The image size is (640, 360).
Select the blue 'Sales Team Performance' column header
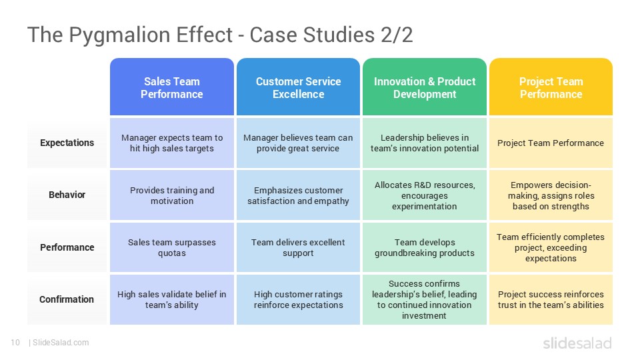[x=171, y=87]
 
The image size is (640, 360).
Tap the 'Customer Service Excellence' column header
[x=298, y=87]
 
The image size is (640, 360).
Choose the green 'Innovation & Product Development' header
[x=425, y=87]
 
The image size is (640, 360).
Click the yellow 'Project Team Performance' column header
[x=551, y=87]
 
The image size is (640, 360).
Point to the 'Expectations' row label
[x=67, y=143]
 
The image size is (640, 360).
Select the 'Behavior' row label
[x=67, y=195]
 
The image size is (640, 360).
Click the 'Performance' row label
[x=67, y=247]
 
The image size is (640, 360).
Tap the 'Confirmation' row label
[x=67, y=299]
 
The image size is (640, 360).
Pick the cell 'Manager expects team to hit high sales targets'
[x=172, y=143]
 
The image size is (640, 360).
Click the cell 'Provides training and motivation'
[x=172, y=195]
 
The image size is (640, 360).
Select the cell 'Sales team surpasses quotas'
[x=172, y=247]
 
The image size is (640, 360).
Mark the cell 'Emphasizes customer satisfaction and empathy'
[x=298, y=195]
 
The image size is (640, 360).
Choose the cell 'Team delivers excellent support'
[x=298, y=247]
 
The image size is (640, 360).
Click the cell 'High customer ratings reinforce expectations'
[x=298, y=299]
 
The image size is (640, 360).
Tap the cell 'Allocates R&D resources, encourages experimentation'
[x=425, y=195]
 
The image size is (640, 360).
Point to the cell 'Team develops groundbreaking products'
[x=425, y=247]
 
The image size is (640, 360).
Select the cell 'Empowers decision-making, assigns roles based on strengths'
[x=551, y=195]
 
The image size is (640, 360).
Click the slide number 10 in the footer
[x=15, y=343]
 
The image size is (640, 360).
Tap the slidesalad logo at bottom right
[x=577, y=343]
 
